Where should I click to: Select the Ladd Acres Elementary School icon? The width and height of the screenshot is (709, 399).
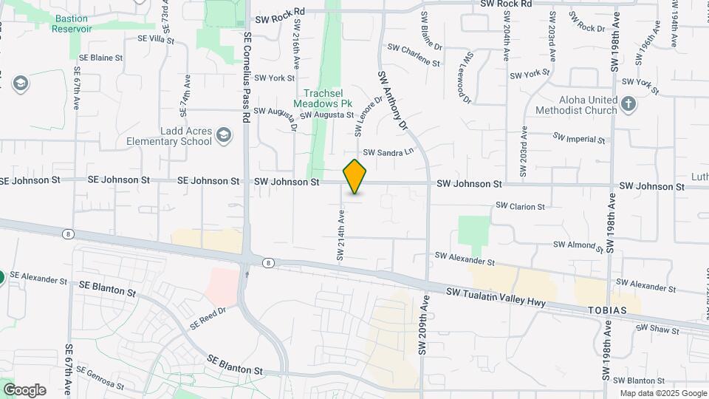[224, 136]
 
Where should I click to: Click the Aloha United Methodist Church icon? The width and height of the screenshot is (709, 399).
[628, 104]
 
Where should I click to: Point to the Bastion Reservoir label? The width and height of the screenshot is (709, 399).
[72, 23]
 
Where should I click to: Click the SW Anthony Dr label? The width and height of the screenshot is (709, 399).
[393, 101]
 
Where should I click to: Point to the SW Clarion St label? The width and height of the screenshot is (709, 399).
[520, 206]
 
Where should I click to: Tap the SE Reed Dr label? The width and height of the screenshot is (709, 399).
[207, 318]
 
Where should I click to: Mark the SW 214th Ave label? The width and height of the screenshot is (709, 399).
[341, 236]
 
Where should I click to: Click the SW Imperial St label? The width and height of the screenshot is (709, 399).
[579, 138]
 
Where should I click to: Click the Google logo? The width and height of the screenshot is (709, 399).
[24, 390]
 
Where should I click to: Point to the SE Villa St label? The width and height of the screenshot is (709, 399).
[155, 38]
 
